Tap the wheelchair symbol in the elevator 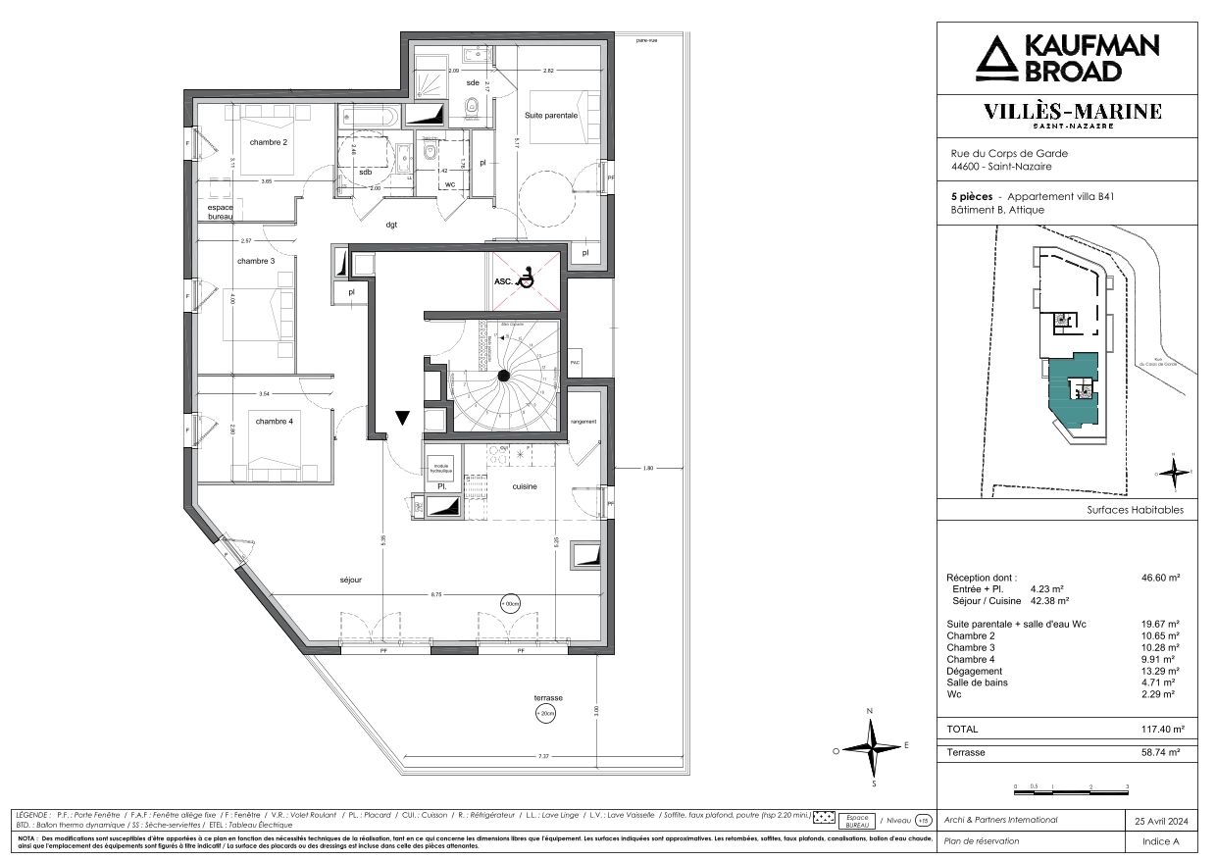(x=527, y=279)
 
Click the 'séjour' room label (x=350, y=580)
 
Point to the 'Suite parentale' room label (x=551, y=115)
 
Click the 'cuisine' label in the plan (x=525, y=485)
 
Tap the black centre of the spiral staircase (x=503, y=376)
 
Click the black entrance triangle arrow (x=402, y=418)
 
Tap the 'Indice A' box (x=1161, y=841)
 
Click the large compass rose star (x=871, y=747)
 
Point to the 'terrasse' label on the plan (x=548, y=697)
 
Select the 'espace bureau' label (x=219, y=213)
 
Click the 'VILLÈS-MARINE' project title (x=1073, y=112)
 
